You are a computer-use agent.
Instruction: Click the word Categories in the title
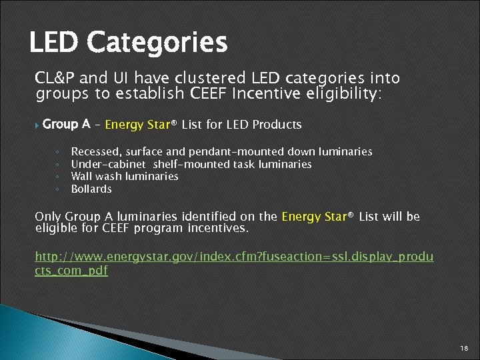(x=157, y=43)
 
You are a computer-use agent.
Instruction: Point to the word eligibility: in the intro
(x=340, y=94)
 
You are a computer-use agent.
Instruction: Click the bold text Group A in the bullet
(x=66, y=124)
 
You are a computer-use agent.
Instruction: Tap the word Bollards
(x=91, y=189)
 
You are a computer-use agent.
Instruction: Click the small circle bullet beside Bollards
(x=58, y=189)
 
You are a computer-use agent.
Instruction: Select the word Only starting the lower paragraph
(x=48, y=217)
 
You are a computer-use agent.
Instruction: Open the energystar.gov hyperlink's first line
(x=234, y=257)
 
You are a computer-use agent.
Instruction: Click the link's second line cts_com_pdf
(x=71, y=270)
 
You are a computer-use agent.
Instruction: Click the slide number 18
(x=464, y=349)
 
